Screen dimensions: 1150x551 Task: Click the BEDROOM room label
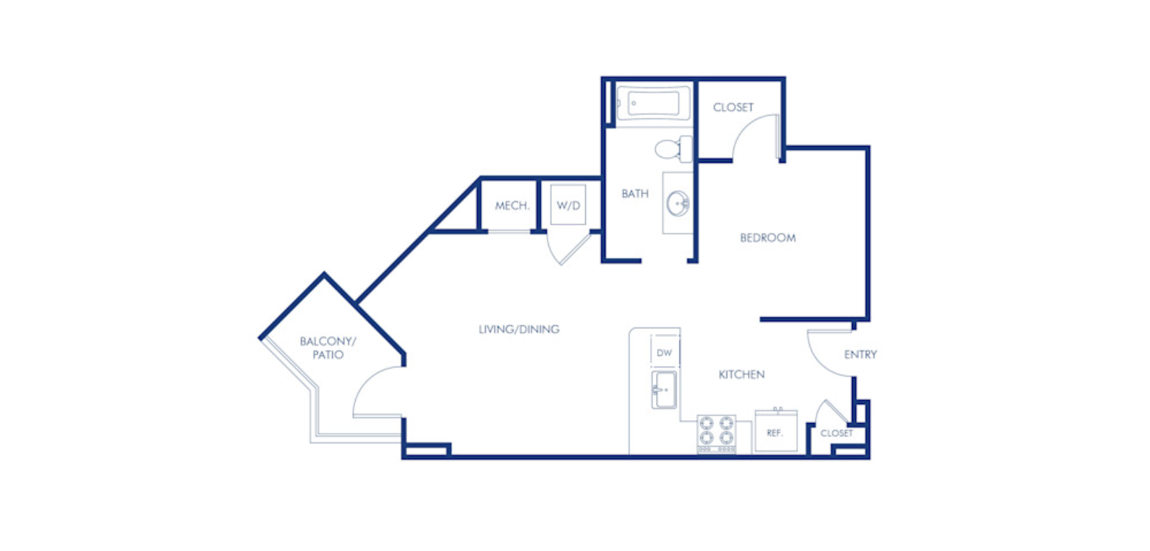(767, 237)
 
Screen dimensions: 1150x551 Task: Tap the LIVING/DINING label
(519, 329)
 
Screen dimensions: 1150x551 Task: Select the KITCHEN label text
(741, 375)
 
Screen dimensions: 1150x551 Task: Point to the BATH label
(635, 193)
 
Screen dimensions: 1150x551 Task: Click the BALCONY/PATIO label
(328, 348)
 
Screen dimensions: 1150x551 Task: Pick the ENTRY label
(861, 354)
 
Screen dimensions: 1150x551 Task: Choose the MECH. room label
(512, 206)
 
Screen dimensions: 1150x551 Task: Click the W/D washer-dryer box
(568, 205)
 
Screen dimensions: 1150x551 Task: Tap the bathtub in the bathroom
(654, 103)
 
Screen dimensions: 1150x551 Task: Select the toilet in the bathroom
(673, 149)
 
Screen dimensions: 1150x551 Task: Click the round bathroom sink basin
(678, 203)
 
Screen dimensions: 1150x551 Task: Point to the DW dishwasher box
(665, 352)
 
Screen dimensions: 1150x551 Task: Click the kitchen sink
(664, 390)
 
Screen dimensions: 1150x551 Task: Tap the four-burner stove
(716, 434)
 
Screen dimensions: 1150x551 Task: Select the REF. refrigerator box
(776, 431)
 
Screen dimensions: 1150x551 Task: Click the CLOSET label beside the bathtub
(733, 107)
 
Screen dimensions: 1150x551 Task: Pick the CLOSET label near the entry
(836, 433)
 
